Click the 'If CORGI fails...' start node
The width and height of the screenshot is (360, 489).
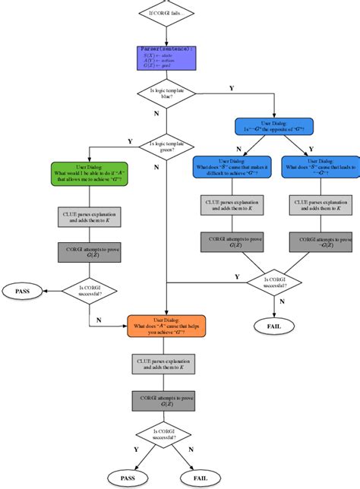point(166,13)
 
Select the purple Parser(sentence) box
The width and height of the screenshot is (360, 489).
point(166,58)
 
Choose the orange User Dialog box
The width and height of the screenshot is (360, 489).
point(166,325)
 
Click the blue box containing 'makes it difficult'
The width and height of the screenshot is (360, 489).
point(232,167)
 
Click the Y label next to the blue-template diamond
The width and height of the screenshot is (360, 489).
point(231,89)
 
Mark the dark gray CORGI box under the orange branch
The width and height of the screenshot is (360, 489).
point(166,400)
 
